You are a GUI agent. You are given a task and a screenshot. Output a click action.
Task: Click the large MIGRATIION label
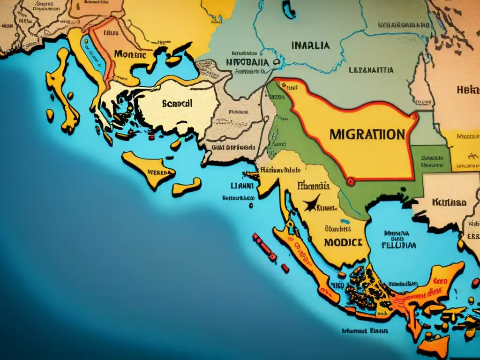coord(367,135)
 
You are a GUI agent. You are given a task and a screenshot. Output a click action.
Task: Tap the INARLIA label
coord(310,46)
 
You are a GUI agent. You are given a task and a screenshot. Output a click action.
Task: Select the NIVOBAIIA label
coord(247,62)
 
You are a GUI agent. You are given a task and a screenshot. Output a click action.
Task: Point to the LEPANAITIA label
coord(371,71)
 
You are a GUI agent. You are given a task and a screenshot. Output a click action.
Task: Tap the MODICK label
coord(343,242)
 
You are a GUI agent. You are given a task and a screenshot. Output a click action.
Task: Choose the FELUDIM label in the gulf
coord(398,245)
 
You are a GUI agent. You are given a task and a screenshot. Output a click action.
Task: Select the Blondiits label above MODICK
coord(337,229)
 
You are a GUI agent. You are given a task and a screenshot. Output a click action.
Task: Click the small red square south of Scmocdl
coord(151,137)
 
